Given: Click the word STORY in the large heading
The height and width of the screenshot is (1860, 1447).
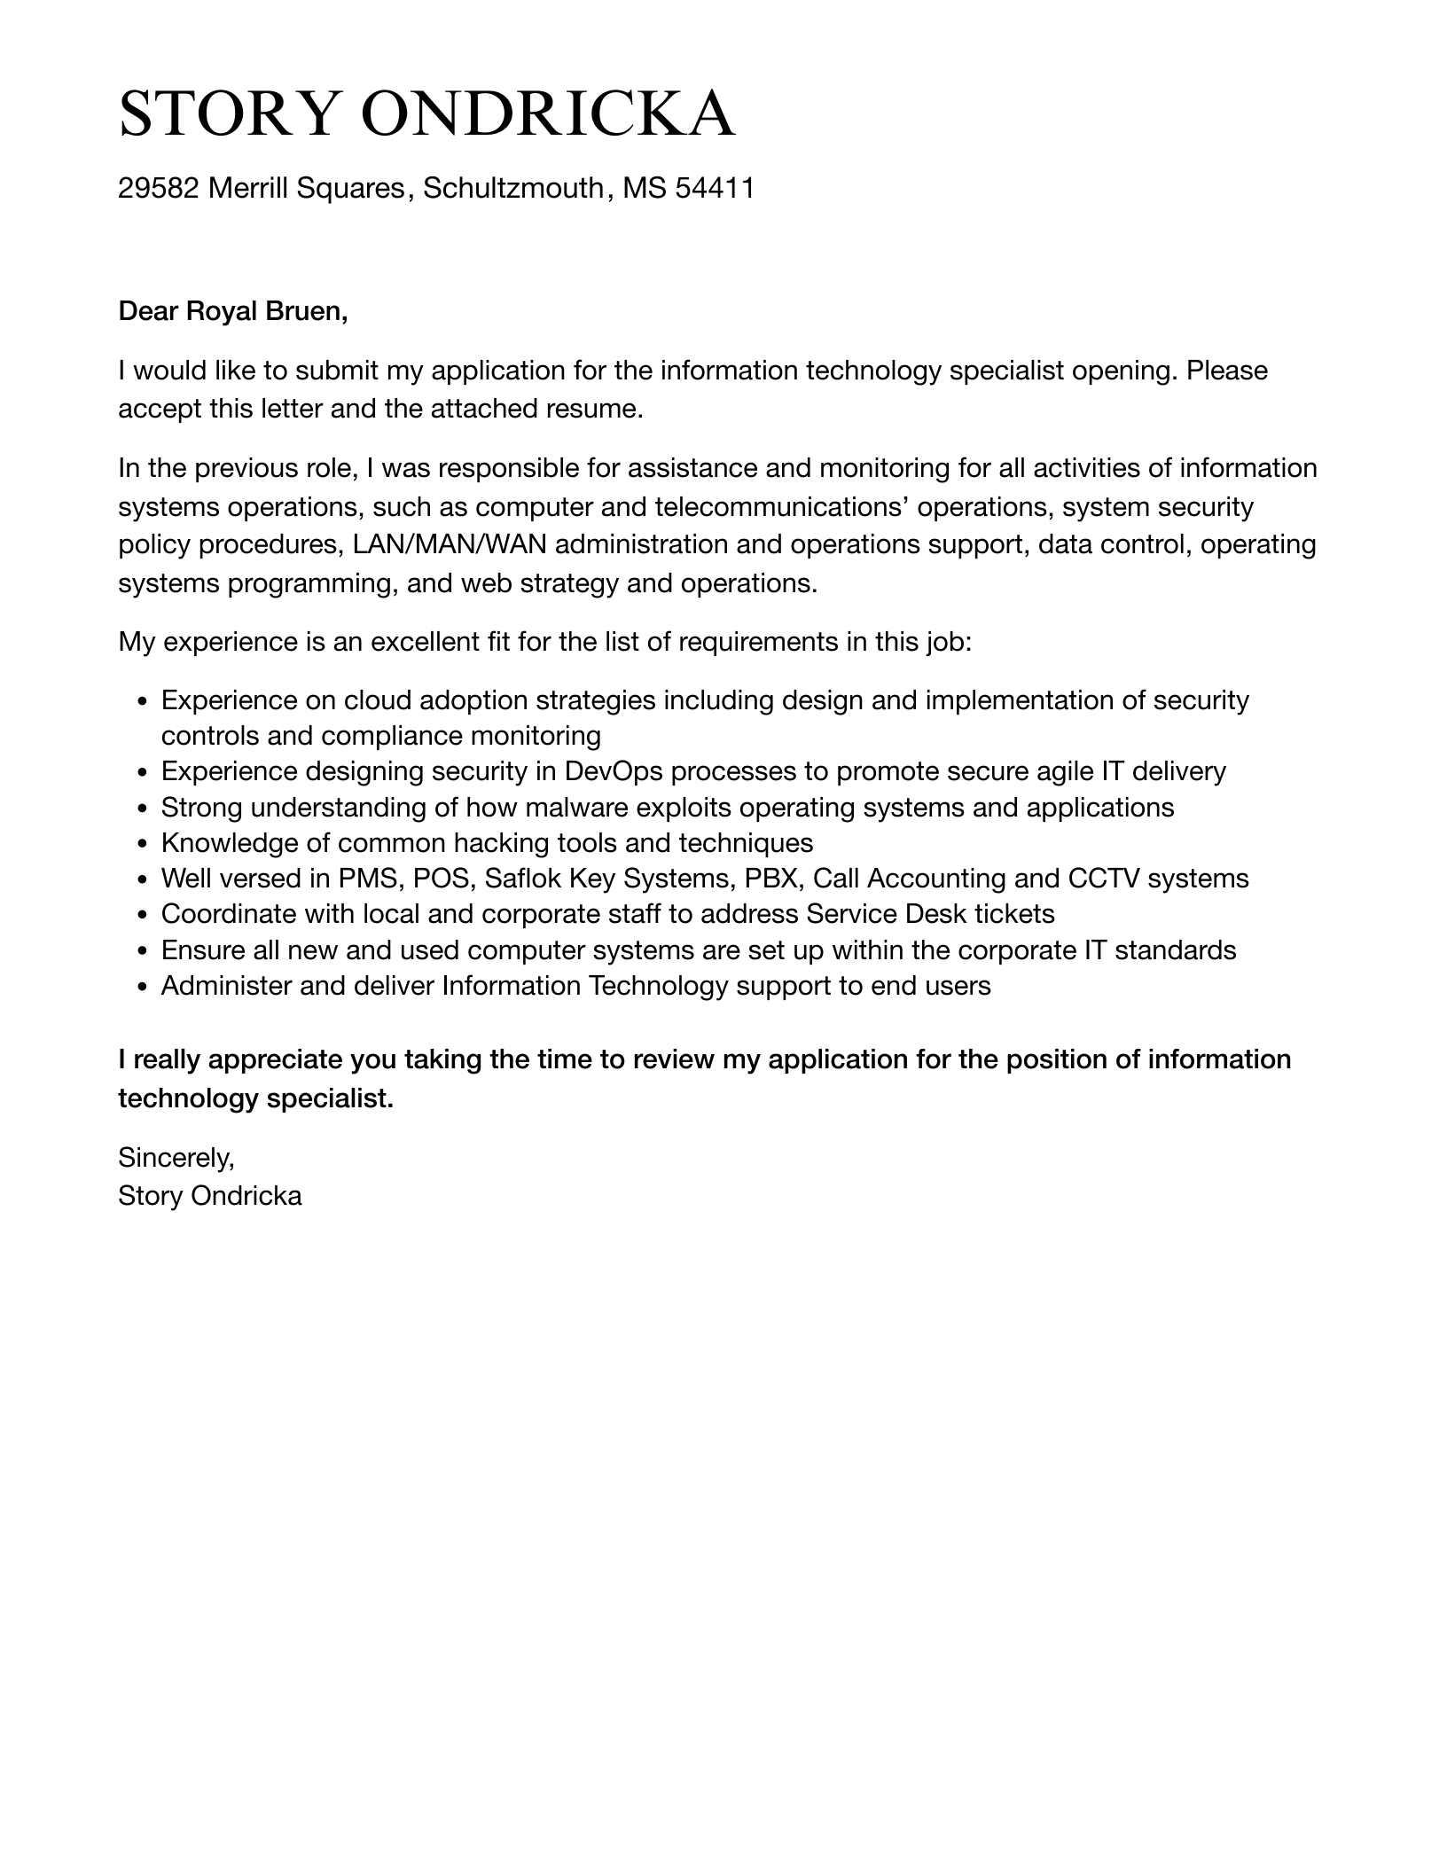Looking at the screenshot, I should coord(230,114).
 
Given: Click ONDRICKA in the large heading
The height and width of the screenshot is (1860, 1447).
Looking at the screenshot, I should coord(549,114).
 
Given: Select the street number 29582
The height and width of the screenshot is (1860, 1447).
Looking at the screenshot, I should coord(159,188).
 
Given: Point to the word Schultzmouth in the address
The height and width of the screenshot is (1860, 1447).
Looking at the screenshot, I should coord(513,188).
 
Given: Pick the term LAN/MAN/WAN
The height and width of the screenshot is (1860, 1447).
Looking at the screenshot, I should coord(450,544).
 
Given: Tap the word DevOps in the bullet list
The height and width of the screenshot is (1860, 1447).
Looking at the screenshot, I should coord(613,771).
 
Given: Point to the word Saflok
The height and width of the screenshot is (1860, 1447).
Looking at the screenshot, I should coord(522,879).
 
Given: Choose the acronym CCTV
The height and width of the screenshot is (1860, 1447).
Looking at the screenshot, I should coord(1104,879).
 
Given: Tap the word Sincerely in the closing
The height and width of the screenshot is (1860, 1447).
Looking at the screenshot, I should coord(176,1157).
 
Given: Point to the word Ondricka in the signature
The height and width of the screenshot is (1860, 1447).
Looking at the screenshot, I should coord(246,1196).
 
